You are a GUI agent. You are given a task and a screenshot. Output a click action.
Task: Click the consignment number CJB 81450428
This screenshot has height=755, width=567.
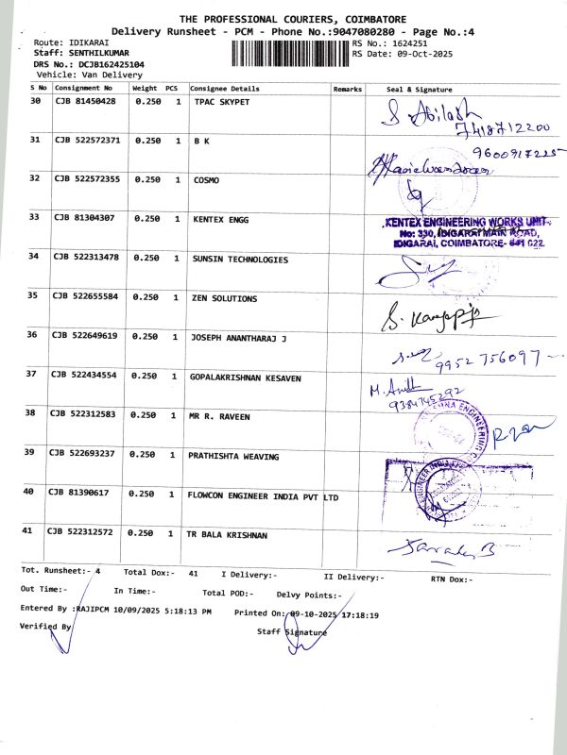[85, 100]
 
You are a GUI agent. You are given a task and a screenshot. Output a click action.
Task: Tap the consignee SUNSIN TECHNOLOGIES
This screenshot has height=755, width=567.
[241, 259]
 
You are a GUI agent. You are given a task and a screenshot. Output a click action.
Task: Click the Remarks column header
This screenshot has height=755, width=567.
[348, 88]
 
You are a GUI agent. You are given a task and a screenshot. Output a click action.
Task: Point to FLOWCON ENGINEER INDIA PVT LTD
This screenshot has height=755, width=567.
[264, 494]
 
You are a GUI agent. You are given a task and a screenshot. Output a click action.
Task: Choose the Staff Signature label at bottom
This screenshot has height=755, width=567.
[292, 631]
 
